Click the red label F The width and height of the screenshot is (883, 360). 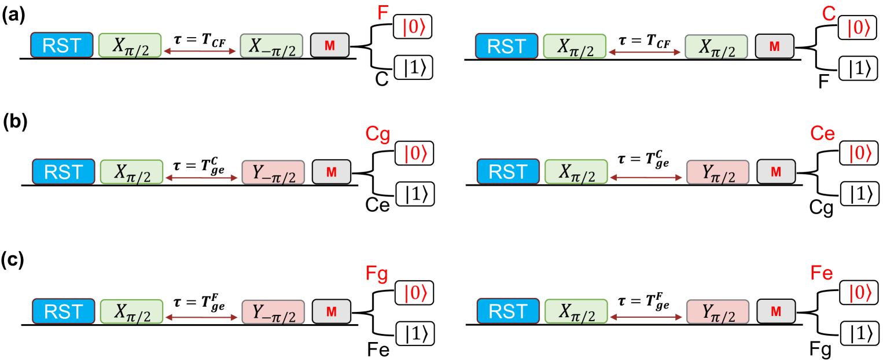382,13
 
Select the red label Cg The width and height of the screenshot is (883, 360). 377,135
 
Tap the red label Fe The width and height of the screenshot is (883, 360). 822,273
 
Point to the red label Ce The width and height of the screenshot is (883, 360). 822,134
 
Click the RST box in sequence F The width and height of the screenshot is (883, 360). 62,45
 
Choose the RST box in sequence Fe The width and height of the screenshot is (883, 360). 508,311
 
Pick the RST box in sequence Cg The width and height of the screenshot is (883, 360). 63,172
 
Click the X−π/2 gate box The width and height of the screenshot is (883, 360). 272,46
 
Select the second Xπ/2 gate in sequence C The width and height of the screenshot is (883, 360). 716,46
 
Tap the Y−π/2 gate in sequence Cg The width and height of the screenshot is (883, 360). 273,172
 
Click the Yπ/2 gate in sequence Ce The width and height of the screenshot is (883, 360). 718,172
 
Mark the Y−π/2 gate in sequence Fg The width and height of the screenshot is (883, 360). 273,312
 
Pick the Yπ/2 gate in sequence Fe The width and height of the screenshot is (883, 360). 718,311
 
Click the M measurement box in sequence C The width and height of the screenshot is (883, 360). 774,46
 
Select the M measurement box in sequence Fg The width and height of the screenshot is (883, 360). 332,312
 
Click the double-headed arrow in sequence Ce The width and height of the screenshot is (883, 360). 646,178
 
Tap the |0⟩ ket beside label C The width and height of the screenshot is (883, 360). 859,28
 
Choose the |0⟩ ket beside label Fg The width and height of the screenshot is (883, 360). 415,293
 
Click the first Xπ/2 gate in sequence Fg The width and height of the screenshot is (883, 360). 131,312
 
